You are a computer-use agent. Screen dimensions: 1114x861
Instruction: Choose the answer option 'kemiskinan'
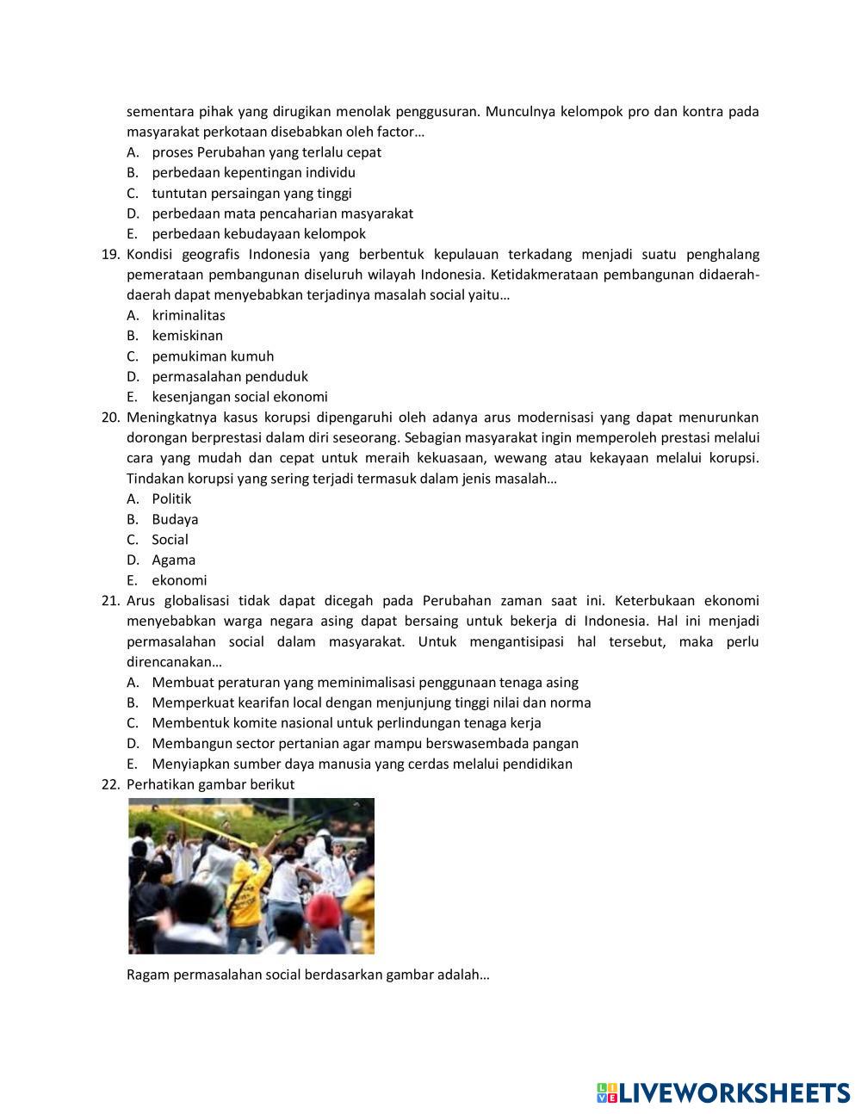click(x=187, y=336)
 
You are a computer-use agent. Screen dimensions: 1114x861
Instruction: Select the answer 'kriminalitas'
click(x=189, y=315)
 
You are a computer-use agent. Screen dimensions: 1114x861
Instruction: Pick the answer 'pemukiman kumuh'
click(x=213, y=356)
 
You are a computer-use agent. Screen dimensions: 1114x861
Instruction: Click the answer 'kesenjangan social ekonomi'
click(x=239, y=397)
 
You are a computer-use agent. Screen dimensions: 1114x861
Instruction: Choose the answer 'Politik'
click(x=171, y=499)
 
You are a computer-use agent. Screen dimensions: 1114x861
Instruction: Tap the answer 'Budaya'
click(x=175, y=519)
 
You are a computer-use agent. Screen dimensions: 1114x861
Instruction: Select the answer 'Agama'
click(x=173, y=560)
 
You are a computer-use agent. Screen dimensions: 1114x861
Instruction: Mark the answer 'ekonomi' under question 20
click(x=179, y=580)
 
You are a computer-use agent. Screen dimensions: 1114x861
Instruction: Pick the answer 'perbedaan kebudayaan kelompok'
click(x=258, y=234)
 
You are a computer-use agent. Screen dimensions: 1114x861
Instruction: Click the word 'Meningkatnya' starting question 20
click(x=168, y=418)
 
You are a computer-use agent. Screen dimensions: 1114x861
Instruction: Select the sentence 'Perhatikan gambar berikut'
click(x=210, y=784)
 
